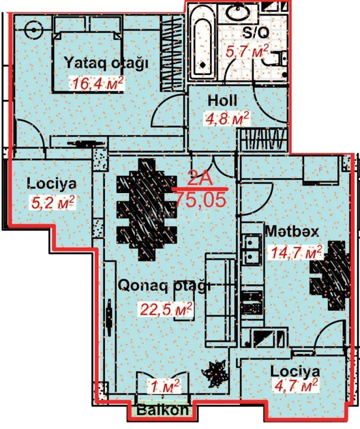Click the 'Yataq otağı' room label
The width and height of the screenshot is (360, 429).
tap(106, 62)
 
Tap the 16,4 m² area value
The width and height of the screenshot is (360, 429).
tap(97, 83)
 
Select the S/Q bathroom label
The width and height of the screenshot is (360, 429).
tap(255, 33)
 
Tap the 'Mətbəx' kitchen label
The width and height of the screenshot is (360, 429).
tap(292, 232)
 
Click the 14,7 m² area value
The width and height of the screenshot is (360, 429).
tap(297, 252)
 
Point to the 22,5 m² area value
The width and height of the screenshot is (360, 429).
tap(166, 309)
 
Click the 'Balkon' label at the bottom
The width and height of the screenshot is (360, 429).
tap(162, 411)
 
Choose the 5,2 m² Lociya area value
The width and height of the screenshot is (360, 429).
tap(51, 202)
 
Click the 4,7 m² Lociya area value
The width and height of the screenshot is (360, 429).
tap(295, 385)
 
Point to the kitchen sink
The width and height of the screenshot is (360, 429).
tap(250, 249)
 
